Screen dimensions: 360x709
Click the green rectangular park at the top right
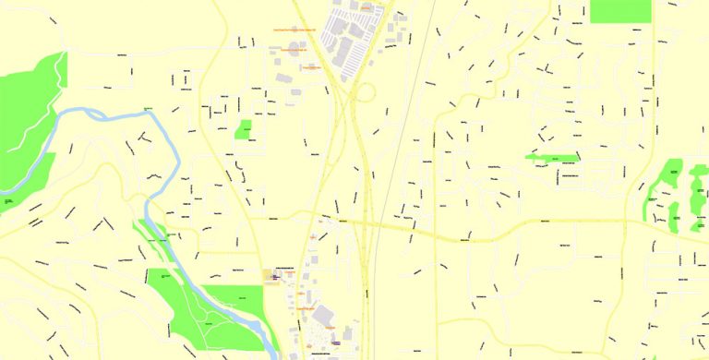(619, 10)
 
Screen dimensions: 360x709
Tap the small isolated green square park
(245, 129)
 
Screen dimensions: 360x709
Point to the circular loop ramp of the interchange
(366, 92)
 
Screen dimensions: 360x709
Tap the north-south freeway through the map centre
(366, 185)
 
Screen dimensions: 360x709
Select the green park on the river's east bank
(235, 299)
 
